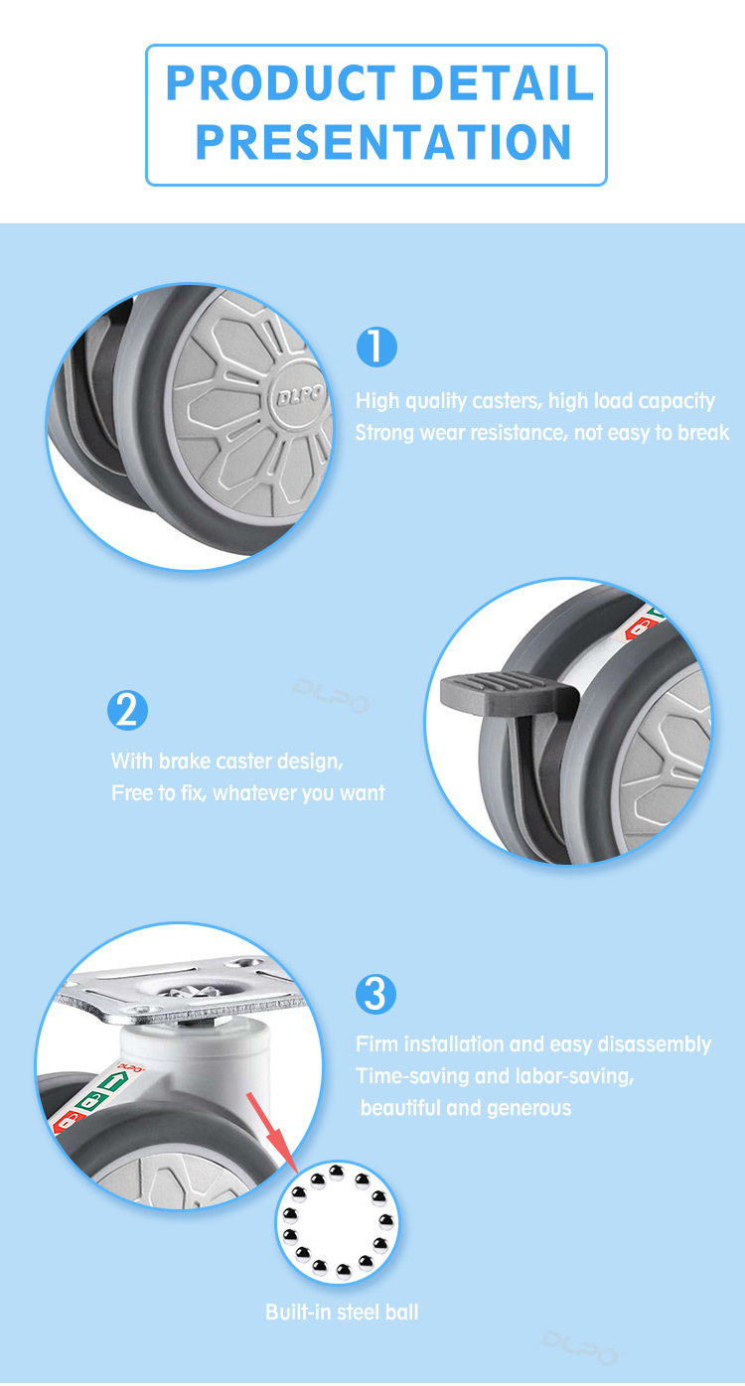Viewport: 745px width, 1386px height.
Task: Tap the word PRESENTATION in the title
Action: [x=383, y=142]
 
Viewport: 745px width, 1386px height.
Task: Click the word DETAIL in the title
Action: [x=503, y=83]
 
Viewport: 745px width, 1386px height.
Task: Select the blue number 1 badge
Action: [x=376, y=347]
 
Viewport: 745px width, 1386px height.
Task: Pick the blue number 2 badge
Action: [x=127, y=710]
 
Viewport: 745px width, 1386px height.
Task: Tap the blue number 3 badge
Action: [x=375, y=994]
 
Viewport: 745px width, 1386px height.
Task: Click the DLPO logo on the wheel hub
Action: [x=300, y=394]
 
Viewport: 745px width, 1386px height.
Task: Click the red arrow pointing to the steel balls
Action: [x=272, y=1132]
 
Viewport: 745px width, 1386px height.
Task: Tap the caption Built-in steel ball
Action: [x=342, y=1312]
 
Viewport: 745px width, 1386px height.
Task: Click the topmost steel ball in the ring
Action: [x=337, y=1170]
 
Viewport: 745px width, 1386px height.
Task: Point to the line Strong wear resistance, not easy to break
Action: [x=542, y=433]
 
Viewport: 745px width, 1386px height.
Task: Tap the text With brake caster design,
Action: [x=227, y=762]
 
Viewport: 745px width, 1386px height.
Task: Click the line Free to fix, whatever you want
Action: [x=247, y=792]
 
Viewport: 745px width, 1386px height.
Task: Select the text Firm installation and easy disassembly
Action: [x=533, y=1044]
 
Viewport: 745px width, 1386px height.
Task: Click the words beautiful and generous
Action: [x=466, y=1108]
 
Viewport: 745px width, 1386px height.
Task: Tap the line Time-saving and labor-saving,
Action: [x=495, y=1076]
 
